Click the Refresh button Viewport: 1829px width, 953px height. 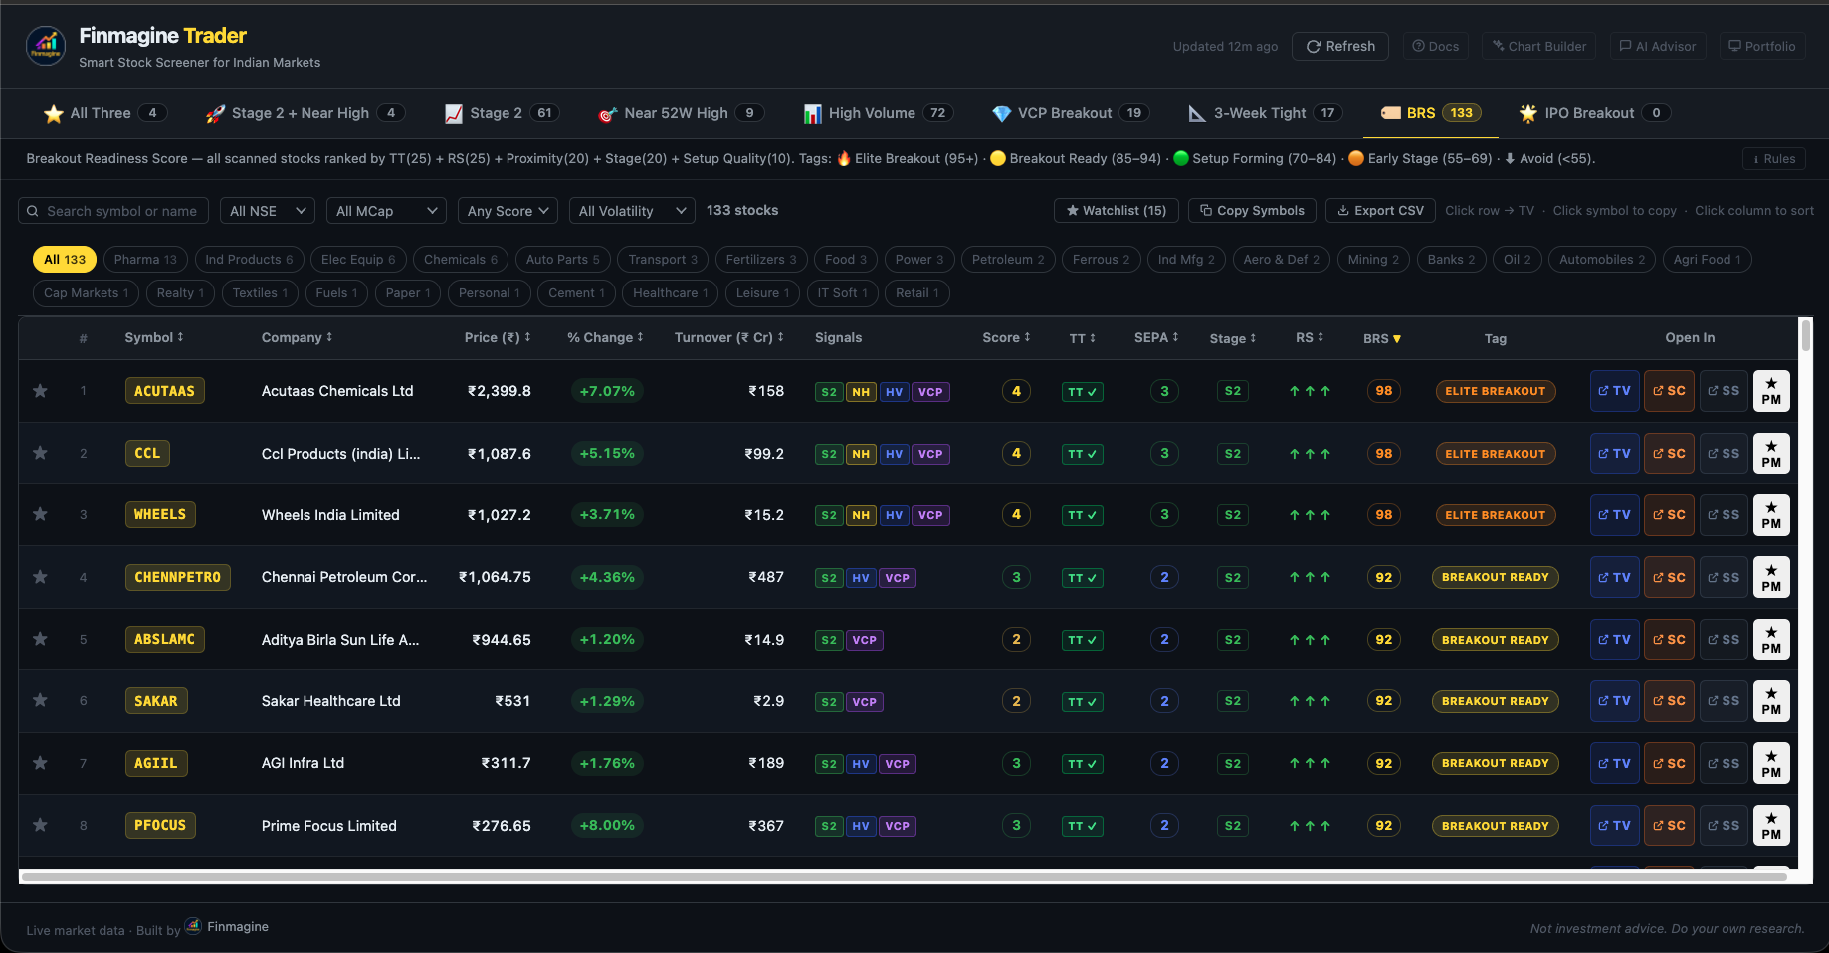1339,47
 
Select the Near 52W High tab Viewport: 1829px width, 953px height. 681,113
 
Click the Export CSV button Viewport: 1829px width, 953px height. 1380,211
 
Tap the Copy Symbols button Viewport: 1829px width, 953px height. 1252,211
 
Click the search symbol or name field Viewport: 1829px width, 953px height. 113,211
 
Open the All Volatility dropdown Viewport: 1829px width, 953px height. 632,211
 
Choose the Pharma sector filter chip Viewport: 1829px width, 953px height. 145,260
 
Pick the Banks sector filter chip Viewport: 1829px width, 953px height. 1451,260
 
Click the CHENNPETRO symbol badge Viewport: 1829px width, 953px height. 177,577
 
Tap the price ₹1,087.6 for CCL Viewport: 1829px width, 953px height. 500,454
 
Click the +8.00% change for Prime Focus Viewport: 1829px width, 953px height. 607,826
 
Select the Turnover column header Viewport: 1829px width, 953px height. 728,338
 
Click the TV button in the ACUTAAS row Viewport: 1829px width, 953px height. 1614,391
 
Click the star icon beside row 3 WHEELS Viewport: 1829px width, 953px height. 40,514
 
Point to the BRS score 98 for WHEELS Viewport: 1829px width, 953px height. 1384,515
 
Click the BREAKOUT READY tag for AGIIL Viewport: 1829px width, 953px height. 1495,764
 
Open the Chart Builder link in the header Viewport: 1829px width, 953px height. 1538,47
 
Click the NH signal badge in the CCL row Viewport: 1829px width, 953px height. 861,454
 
